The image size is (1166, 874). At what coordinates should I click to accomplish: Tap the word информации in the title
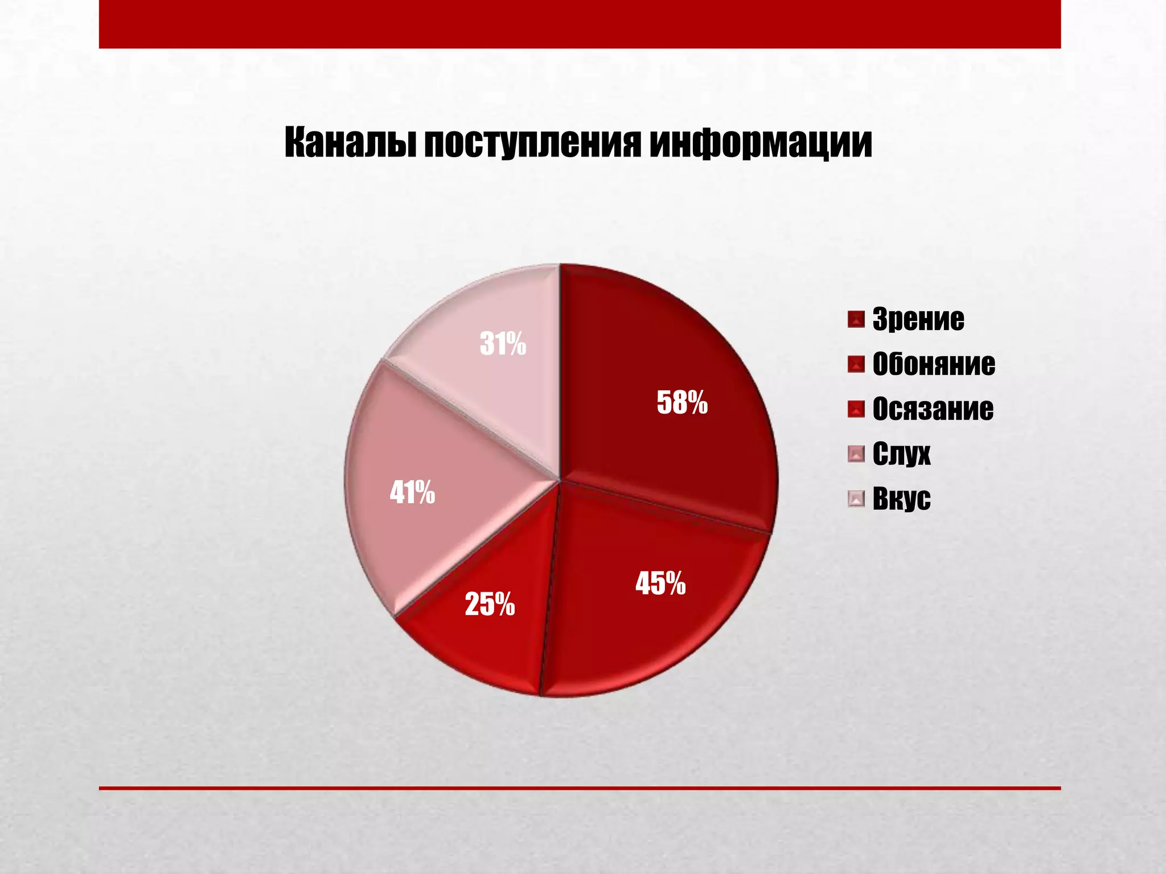[761, 143]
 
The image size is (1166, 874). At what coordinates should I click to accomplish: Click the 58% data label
[682, 403]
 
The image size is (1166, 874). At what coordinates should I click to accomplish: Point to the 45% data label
[660, 583]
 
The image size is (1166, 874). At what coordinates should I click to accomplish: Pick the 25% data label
[490, 604]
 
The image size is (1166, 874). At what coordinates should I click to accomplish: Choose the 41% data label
[412, 493]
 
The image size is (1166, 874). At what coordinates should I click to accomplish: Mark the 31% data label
[503, 344]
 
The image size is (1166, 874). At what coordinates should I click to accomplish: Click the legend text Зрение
[918, 319]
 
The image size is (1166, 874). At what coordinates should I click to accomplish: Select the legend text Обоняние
[934, 364]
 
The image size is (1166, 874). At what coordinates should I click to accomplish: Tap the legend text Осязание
[933, 409]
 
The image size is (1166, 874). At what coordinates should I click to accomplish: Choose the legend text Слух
[901, 454]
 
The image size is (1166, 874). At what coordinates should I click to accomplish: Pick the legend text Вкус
[901, 499]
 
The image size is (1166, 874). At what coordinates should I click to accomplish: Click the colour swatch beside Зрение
[856, 319]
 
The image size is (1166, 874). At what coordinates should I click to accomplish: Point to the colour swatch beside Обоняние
[856, 364]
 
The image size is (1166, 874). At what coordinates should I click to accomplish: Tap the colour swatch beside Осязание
[856, 409]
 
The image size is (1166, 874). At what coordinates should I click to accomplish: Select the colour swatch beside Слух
[856, 454]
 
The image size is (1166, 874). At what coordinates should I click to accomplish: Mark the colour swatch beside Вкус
[856, 499]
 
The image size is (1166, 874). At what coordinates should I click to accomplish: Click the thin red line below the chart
[580, 788]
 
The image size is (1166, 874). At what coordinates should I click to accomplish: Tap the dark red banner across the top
[580, 24]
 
